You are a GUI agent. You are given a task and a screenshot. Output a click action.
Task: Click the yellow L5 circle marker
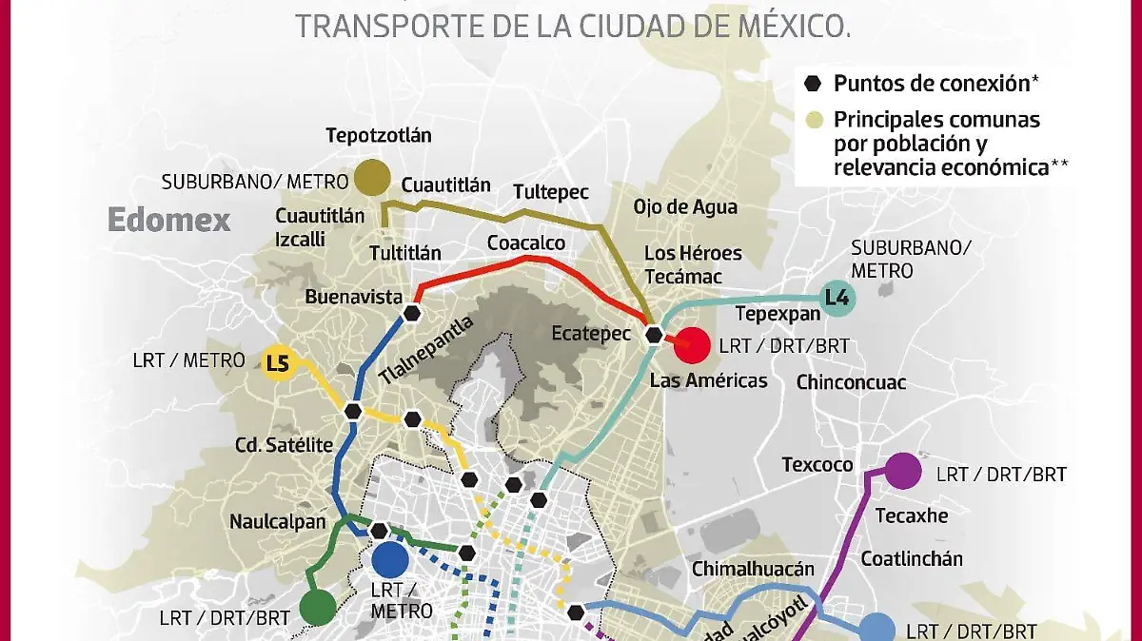pos(277,362)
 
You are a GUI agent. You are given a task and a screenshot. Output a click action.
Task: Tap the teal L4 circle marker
pos(837,299)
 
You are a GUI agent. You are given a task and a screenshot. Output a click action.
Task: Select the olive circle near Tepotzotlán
pos(372,178)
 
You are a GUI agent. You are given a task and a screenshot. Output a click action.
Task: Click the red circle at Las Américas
pos(692,345)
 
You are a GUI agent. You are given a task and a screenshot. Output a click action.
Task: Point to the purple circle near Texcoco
pos(902,470)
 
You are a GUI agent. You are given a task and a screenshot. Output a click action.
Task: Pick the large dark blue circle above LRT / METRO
pos(390,560)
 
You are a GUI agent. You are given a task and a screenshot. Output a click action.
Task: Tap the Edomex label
pos(168,220)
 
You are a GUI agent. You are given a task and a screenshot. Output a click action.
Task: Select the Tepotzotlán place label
pos(378,135)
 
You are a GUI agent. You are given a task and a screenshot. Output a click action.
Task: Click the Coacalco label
pos(526,243)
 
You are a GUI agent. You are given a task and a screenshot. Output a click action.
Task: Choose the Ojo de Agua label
pos(685,207)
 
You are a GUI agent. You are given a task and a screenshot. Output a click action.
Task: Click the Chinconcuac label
pos(851,383)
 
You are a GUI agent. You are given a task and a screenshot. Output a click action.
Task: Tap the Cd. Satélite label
pos(284,445)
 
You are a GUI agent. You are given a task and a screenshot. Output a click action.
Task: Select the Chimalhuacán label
pos(753,569)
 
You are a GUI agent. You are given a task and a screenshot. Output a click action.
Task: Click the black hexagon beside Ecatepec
pos(654,335)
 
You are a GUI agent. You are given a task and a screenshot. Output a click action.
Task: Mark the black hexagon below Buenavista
pos(412,313)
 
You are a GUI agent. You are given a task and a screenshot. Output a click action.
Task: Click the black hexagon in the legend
pos(812,84)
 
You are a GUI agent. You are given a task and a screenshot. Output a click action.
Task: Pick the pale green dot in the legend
pos(812,121)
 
